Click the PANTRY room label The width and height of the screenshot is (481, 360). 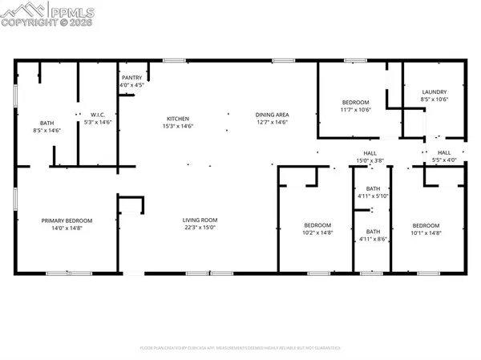point(131,77)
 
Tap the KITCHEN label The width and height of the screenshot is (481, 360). point(178,116)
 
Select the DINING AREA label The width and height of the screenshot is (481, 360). point(272,115)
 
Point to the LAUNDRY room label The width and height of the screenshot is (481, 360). point(434,91)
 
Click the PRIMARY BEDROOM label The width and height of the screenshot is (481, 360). point(67,220)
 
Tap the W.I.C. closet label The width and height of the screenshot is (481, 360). point(99,115)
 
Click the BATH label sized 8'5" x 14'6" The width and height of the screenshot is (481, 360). point(47,122)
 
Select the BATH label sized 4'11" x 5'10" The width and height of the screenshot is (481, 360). point(372,188)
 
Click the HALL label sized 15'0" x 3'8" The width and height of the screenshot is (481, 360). point(370,152)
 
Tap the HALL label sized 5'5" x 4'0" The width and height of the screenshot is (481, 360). point(444,152)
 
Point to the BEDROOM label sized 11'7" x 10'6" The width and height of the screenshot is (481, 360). point(356,102)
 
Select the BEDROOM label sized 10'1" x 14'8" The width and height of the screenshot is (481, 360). point(426,225)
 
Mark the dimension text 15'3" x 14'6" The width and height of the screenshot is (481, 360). point(178,124)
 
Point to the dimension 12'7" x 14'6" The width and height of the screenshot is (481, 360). point(272,123)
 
